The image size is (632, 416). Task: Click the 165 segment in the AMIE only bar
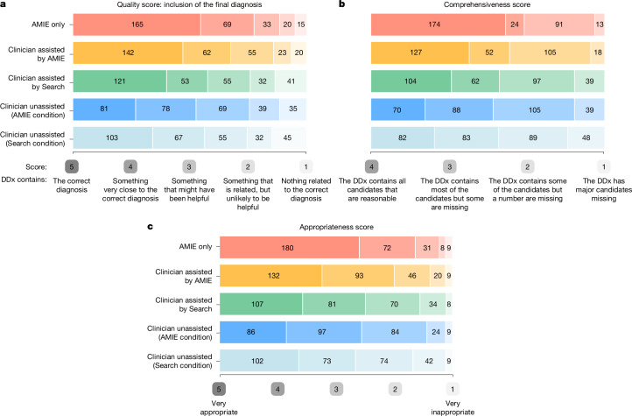tap(137, 25)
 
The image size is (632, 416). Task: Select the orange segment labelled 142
tap(128, 53)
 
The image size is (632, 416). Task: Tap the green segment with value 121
tap(120, 81)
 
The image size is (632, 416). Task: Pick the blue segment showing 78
tap(165, 109)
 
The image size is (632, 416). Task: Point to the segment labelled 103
tap(113, 137)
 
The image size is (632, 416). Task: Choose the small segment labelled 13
tap(600, 25)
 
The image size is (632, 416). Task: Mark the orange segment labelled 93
tap(358, 276)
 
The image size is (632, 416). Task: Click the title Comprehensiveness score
tap(487, 5)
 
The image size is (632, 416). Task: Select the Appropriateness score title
tap(336, 227)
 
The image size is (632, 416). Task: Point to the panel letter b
tap(341, 4)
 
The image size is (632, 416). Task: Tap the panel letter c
tap(150, 227)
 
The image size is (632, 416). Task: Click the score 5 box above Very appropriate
tap(219, 389)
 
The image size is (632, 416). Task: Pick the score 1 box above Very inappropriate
tap(453, 389)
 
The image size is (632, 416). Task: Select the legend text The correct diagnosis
tap(72, 186)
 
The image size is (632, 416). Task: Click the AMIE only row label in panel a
tap(48, 25)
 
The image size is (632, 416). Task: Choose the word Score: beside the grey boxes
tap(36, 167)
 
